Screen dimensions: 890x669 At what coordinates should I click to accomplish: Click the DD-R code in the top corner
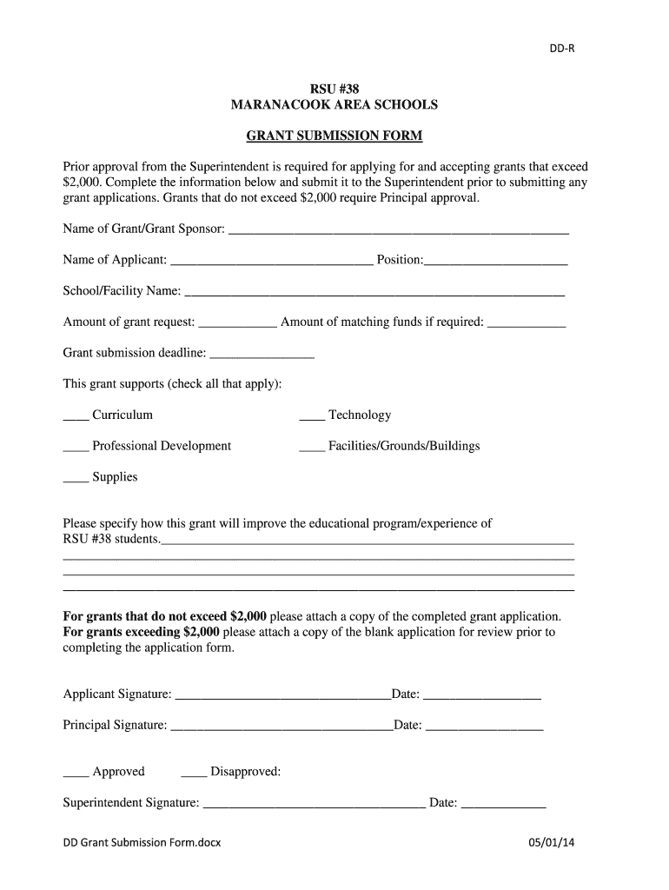click(x=560, y=49)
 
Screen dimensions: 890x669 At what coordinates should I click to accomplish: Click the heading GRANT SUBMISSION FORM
click(x=334, y=136)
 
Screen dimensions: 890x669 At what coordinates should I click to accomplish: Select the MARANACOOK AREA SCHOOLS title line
click(x=334, y=104)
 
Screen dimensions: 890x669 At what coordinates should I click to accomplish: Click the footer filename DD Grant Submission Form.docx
click(x=142, y=843)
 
